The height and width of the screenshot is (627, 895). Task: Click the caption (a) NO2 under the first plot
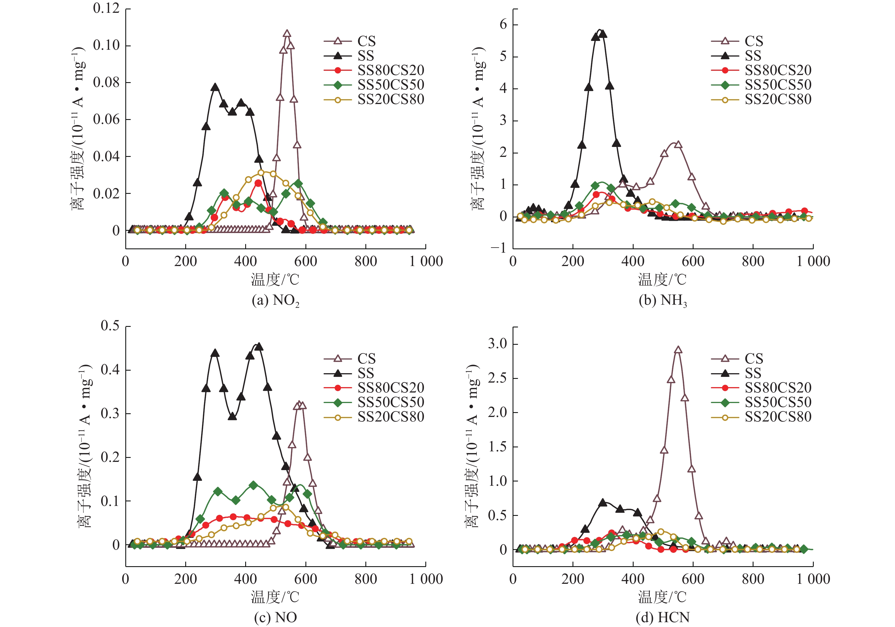click(276, 301)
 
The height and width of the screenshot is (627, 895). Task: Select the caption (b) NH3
click(663, 301)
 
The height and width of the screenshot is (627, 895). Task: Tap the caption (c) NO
click(276, 617)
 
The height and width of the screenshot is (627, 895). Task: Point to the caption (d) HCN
click(663, 617)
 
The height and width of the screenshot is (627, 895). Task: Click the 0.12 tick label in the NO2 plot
click(106, 8)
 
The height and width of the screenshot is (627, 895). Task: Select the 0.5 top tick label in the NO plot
click(110, 326)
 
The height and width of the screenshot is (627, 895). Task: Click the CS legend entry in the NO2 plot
click(367, 41)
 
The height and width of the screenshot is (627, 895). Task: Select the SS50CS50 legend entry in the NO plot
click(391, 402)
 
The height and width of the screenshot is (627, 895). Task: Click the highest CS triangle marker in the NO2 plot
click(287, 34)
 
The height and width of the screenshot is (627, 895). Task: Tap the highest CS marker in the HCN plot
click(678, 350)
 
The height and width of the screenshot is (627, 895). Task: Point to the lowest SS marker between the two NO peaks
click(232, 416)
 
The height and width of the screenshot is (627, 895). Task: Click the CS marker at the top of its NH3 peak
click(678, 145)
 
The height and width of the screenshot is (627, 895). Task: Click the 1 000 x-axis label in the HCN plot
click(813, 579)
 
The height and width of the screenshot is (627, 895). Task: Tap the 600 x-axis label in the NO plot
click(306, 579)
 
